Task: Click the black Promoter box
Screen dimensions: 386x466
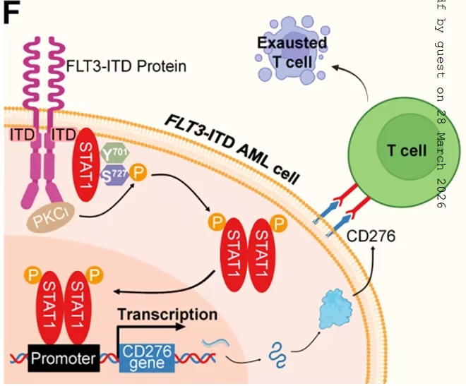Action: (x=63, y=358)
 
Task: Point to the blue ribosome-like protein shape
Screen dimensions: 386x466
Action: (x=333, y=309)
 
